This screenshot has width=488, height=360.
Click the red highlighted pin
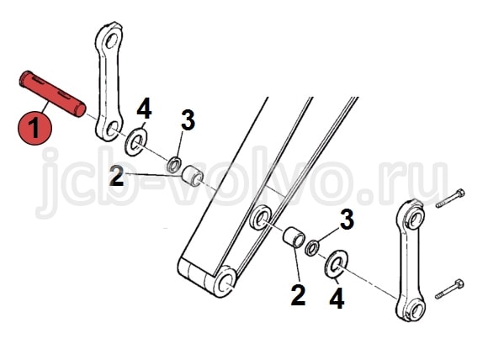[52, 93]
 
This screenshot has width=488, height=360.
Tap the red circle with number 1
[34, 128]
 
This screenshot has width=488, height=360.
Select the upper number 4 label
[144, 109]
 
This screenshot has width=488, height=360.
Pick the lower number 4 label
[337, 298]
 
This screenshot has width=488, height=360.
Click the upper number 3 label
[188, 120]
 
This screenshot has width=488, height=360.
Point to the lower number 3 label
[347, 219]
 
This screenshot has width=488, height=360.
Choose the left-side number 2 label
[117, 176]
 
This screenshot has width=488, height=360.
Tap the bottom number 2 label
[298, 294]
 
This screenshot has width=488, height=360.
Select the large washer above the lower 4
[336, 263]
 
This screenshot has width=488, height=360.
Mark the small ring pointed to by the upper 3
[174, 165]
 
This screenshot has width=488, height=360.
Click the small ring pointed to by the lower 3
[312, 247]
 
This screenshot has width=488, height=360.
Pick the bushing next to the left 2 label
[193, 176]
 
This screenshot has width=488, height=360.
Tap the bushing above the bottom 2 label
[293, 237]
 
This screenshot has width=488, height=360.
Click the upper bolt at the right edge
[450, 199]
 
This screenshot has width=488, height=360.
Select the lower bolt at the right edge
[449, 289]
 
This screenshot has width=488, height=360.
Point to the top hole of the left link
[111, 40]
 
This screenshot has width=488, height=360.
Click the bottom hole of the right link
[416, 309]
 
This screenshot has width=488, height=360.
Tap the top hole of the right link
[416, 219]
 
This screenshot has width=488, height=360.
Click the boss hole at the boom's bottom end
[225, 282]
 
